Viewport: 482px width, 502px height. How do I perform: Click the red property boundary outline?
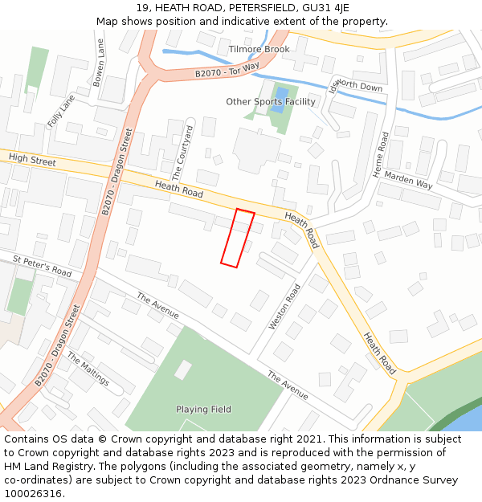click(238, 238)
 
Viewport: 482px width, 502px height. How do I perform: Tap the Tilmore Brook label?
click(259, 49)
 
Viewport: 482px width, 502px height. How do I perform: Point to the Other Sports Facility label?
click(271, 102)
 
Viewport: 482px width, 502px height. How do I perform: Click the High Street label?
click(32, 161)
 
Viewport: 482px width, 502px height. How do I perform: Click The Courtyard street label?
click(182, 153)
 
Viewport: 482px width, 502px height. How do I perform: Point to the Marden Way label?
click(408, 180)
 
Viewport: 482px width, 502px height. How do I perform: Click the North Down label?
click(359, 85)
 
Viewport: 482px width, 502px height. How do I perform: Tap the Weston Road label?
click(284, 306)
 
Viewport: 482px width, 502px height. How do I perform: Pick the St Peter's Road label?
click(43, 267)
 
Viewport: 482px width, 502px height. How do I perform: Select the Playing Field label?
click(203, 409)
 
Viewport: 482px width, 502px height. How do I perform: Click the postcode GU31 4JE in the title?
click(323, 8)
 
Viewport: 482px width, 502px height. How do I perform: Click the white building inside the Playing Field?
click(183, 369)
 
